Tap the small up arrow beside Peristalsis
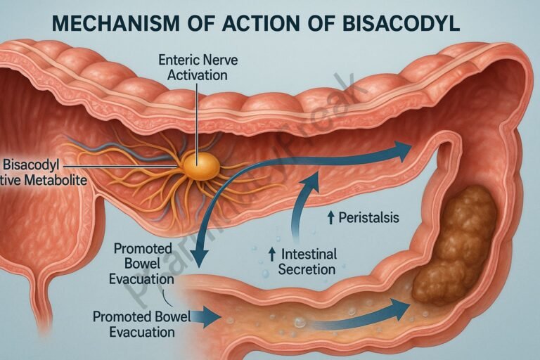point(330,219)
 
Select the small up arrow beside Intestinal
point(270,254)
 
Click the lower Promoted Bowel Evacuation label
point(142,323)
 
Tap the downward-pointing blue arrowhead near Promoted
point(199,259)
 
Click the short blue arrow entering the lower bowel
point(207,318)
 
